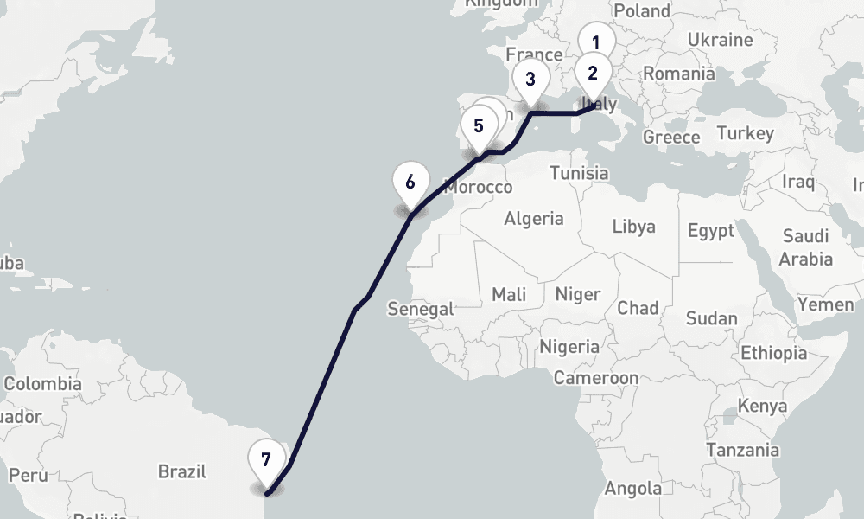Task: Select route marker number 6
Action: [x=410, y=183]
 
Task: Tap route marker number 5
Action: [x=479, y=125]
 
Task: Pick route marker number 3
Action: [x=530, y=80]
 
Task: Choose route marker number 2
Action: [x=593, y=73]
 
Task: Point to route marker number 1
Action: [x=595, y=41]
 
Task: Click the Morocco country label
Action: [x=478, y=187]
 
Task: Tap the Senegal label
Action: [x=421, y=309]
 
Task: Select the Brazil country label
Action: [x=182, y=471]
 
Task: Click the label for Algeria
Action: [x=534, y=218]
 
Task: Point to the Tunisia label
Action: [x=579, y=173]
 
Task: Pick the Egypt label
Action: [x=711, y=231]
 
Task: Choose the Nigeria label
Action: [x=569, y=347]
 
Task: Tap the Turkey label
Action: [x=746, y=133]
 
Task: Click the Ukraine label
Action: [x=721, y=40]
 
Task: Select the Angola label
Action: [x=633, y=489]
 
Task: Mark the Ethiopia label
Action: [x=774, y=353]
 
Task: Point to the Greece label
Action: [x=671, y=138]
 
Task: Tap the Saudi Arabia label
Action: [x=806, y=247]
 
